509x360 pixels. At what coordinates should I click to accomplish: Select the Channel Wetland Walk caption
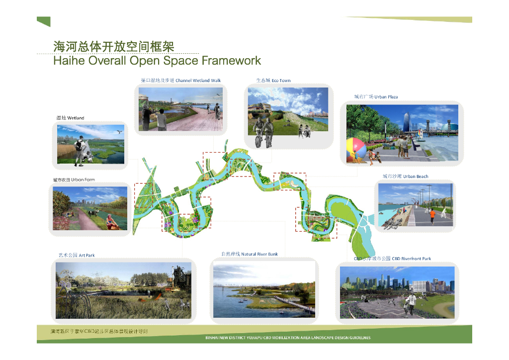tap(181, 81)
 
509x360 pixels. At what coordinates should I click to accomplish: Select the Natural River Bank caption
tap(250, 254)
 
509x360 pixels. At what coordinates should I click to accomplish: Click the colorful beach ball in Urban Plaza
tap(356, 148)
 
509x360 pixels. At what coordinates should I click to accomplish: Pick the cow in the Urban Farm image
tap(92, 213)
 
